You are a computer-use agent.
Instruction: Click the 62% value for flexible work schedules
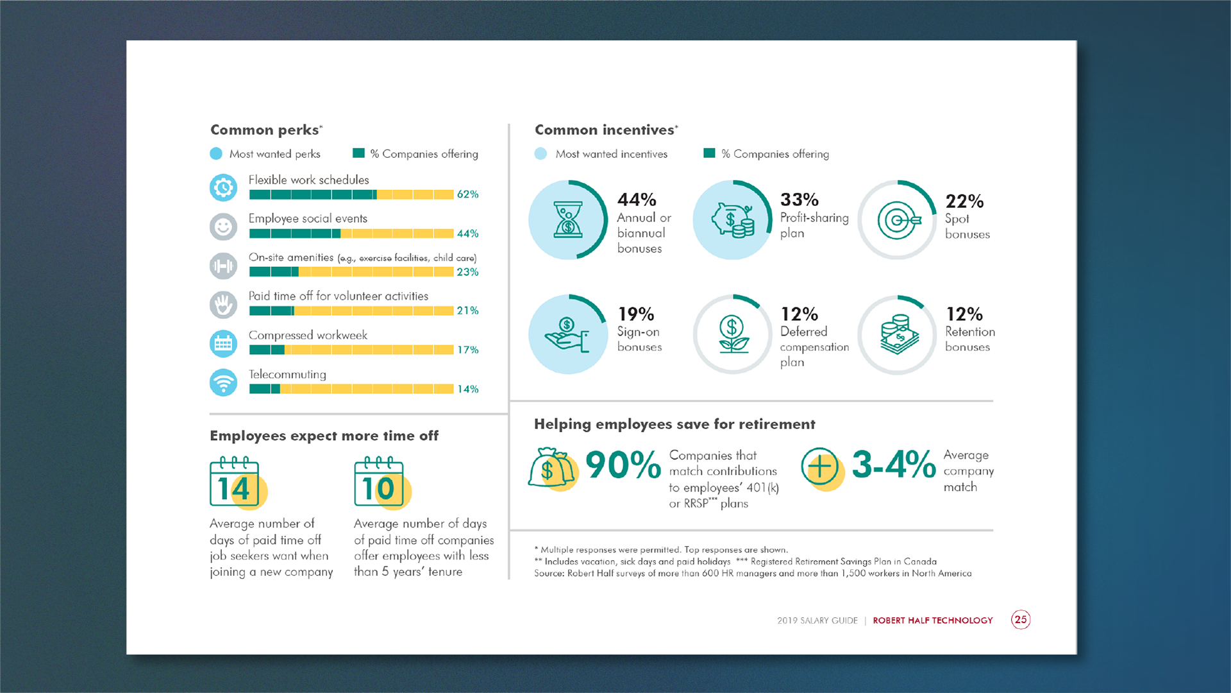click(x=467, y=194)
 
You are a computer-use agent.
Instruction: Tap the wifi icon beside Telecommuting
click(x=223, y=382)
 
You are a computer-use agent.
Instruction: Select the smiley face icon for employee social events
click(x=223, y=227)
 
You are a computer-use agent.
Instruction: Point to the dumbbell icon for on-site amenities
click(x=223, y=266)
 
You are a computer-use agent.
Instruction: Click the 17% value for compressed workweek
click(x=467, y=350)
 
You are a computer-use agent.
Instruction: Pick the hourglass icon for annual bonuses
click(x=567, y=220)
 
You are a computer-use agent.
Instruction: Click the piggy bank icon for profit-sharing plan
click(x=732, y=220)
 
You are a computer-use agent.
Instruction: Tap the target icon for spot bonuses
click(x=898, y=220)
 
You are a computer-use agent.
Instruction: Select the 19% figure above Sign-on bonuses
click(x=635, y=314)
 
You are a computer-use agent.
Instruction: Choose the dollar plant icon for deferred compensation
click(x=732, y=334)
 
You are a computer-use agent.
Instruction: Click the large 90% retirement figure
click(x=623, y=465)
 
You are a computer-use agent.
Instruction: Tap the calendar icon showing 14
click(x=235, y=483)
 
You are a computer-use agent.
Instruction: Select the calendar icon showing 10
click(x=379, y=483)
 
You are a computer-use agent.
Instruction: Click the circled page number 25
click(x=1021, y=620)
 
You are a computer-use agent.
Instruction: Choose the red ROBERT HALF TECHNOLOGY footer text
click(x=932, y=620)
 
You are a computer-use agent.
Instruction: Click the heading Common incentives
click(x=604, y=130)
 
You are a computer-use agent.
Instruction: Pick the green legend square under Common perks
click(x=358, y=153)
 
